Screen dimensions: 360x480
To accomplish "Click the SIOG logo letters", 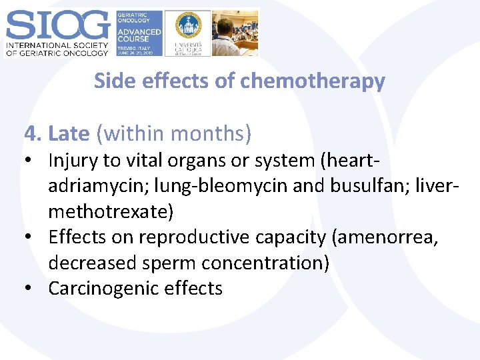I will point(57,25).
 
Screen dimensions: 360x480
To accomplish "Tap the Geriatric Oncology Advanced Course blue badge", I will point(139,33).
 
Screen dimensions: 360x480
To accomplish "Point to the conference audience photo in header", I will point(235,33).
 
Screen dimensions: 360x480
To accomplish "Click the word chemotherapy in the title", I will point(313,81).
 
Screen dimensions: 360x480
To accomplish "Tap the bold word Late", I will point(69,133).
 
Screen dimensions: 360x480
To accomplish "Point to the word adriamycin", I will point(93,186).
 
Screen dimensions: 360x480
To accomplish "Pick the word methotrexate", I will point(108,211).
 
